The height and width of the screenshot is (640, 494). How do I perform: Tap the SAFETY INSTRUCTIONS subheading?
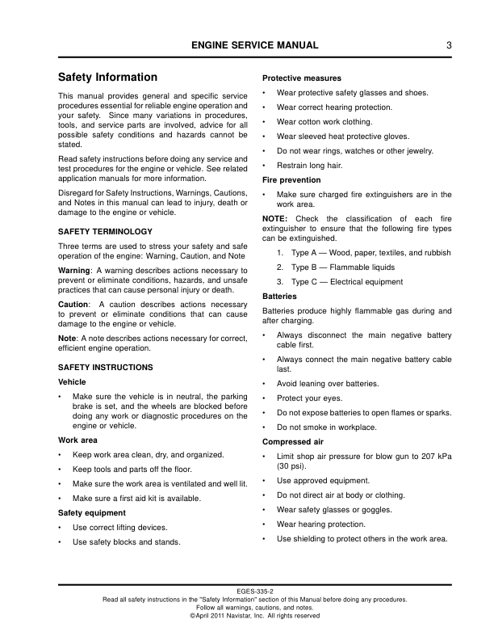coord(106,366)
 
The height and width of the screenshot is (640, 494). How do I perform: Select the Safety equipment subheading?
coord(92,512)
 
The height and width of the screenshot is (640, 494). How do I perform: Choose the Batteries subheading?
coord(280,296)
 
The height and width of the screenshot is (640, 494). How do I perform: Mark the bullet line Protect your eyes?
coord(311,398)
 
